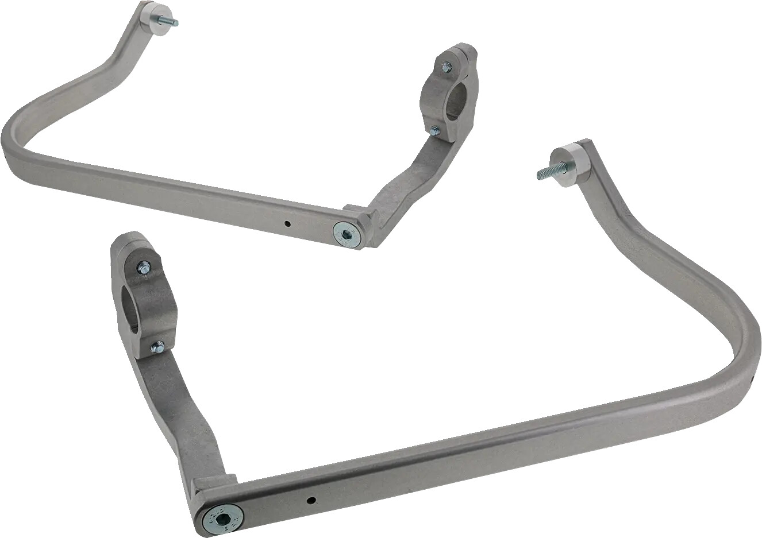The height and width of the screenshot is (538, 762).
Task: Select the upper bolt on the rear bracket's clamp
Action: (447, 67)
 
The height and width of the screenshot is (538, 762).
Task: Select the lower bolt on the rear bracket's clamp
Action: (435, 131)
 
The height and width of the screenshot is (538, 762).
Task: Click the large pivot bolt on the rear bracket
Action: (347, 234)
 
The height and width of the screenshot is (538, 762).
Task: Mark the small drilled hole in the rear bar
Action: (289, 223)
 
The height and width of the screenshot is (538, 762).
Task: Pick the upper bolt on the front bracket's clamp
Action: (144, 267)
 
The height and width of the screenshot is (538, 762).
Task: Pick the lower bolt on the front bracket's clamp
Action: (157, 347)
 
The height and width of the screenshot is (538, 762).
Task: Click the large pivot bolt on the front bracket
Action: (223, 518)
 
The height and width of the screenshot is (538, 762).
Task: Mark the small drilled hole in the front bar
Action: (310, 500)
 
